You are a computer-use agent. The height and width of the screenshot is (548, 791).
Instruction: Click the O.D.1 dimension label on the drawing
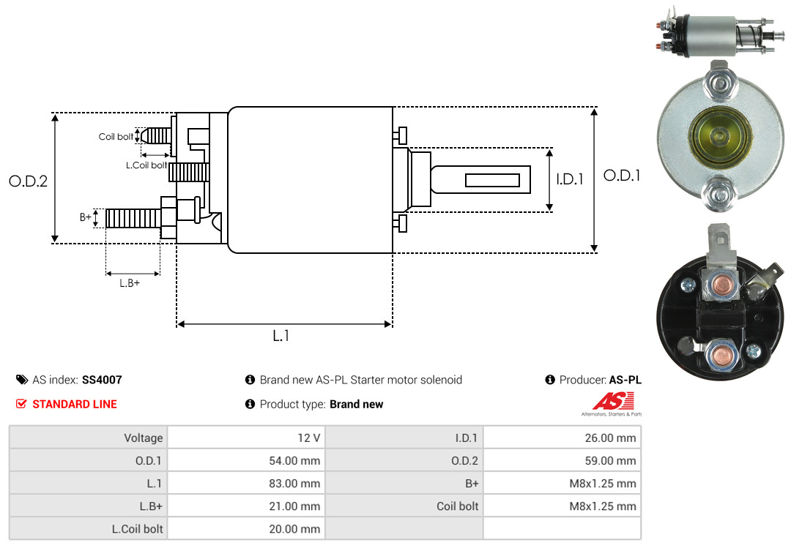pyautogui.click(x=622, y=176)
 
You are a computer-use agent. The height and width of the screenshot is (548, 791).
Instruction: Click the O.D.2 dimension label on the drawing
pyautogui.click(x=28, y=181)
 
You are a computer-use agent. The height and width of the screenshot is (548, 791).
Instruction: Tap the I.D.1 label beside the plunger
pyautogui.click(x=570, y=179)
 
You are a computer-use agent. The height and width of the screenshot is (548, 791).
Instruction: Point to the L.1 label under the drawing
pyautogui.click(x=281, y=336)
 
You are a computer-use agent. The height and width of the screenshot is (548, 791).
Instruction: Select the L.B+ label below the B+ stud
pyautogui.click(x=130, y=282)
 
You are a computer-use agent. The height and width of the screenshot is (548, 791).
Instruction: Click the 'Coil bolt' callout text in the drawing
pyautogui.click(x=116, y=137)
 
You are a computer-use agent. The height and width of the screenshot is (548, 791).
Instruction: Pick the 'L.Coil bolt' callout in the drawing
pyautogui.click(x=146, y=165)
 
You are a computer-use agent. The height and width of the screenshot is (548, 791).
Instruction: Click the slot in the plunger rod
pyautogui.click(x=492, y=180)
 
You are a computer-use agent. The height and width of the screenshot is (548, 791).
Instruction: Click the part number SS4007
pyautogui.click(x=102, y=380)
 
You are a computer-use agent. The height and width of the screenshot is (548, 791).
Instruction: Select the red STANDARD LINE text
pyautogui.click(x=74, y=404)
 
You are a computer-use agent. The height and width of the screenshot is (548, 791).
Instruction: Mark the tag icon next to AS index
pyautogui.click(x=21, y=380)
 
